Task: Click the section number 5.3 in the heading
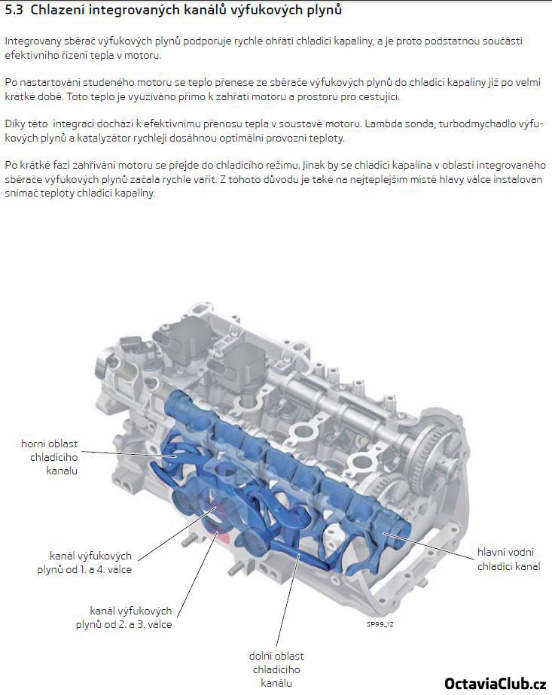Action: click(14, 11)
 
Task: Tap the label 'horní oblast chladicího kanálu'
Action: click(49, 457)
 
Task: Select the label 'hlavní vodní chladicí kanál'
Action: click(508, 559)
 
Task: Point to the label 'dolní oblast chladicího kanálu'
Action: click(276, 669)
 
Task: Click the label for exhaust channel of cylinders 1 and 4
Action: click(84, 562)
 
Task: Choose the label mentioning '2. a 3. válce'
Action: click(124, 617)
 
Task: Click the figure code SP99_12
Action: click(380, 624)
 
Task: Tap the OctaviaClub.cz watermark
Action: click(495, 684)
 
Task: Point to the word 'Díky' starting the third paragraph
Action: click(14, 123)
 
